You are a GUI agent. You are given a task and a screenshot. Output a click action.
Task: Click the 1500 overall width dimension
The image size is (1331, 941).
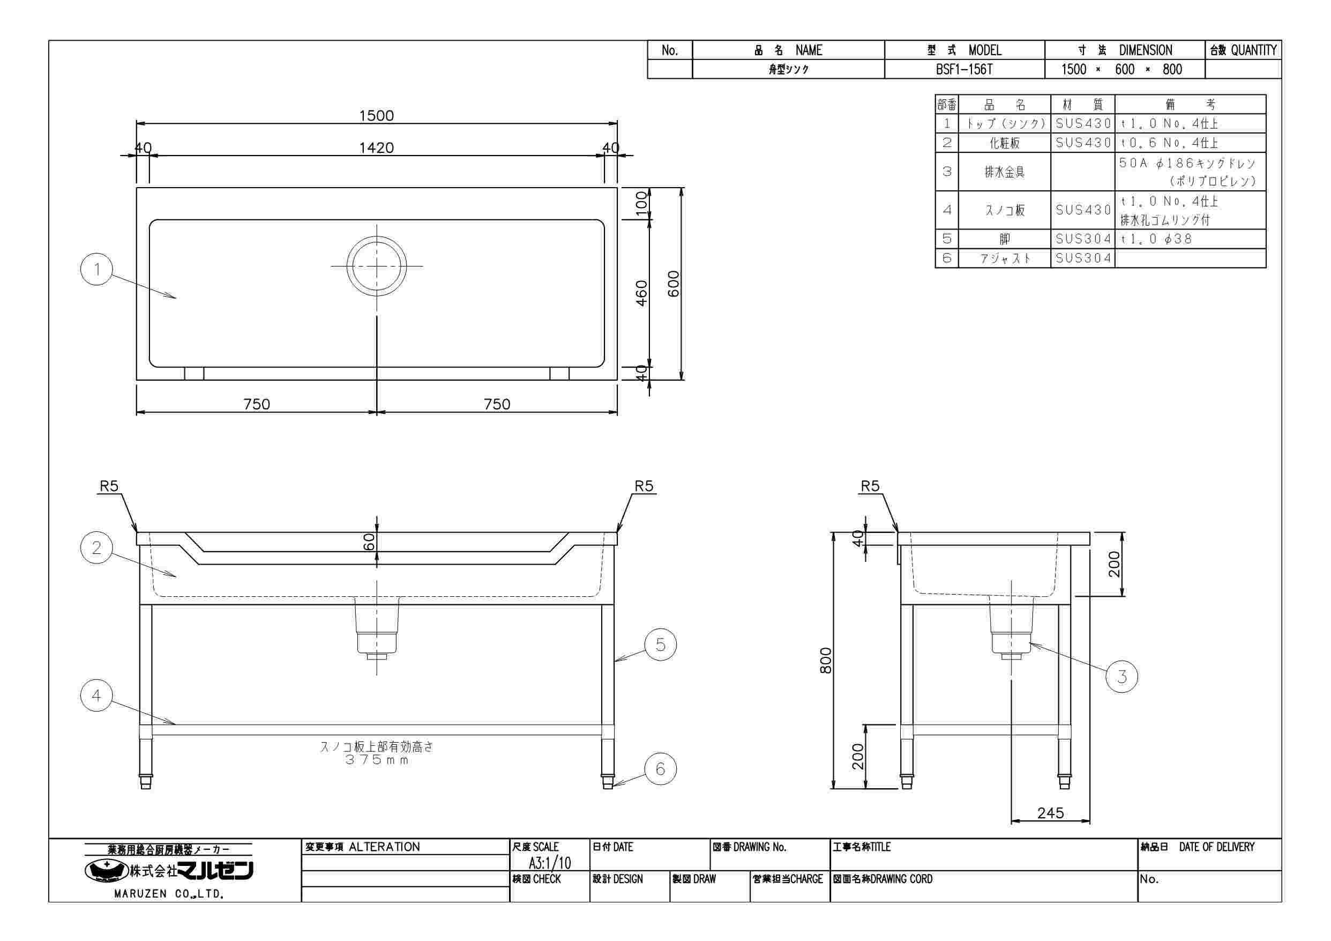(x=376, y=115)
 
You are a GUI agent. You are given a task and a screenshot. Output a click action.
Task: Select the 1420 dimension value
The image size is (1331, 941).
(x=376, y=148)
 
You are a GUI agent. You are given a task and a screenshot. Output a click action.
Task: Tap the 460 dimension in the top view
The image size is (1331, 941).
(x=642, y=293)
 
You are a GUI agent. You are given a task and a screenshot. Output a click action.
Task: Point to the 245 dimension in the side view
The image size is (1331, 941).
(x=1050, y=813)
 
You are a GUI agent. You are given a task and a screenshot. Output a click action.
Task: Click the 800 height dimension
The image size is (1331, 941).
(x=826, y=661)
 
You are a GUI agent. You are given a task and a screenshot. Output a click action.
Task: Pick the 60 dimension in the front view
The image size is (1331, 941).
(x=369, y=542)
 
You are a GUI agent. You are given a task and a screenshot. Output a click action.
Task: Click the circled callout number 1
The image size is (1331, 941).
(x=97, y=269)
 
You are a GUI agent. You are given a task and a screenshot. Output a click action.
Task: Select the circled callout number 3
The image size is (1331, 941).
(x=1121, y=677)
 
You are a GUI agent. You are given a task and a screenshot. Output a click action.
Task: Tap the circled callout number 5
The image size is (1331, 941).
(x=660, y=644)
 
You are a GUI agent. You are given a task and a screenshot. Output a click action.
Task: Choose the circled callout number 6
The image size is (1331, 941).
(x=660, y=769)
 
